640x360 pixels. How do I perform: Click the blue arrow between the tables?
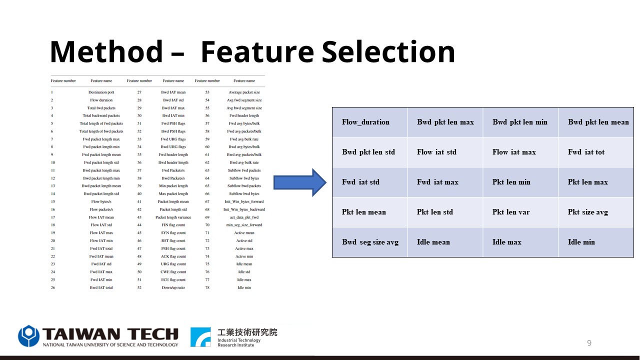[x=299, y=182]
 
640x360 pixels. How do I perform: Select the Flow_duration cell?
[x=370, y=122]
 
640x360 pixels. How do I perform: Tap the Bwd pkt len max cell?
[x=445, y=122]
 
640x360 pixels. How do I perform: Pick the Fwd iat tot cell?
[x=596, y=152]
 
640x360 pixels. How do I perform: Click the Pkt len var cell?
[x=520, y=212]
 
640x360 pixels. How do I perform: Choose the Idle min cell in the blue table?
[x=596, y=242]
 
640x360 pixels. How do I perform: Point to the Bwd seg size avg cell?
[x=370, y=242]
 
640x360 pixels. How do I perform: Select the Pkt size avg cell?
[x=596, y=212]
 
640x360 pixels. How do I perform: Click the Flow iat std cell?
[x=445, y=152]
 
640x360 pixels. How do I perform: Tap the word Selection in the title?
[x=388, y=51]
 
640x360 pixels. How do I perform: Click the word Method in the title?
[x=106, y=51]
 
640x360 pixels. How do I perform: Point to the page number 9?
[x=589, y=343]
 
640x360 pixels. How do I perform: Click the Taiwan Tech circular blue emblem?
[x=28, y=336]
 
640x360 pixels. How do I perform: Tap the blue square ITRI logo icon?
[x=200, y=337]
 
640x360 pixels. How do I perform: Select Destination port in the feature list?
[x=101, y=92]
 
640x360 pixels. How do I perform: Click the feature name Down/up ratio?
[x=173, y=287]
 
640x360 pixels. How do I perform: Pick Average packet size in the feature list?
[x=244, y=92]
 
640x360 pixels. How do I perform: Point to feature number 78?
[x=207, y=287]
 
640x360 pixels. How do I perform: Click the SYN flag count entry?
[x=173, y=233]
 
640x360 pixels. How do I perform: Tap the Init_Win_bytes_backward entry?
[x=244, y=209]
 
